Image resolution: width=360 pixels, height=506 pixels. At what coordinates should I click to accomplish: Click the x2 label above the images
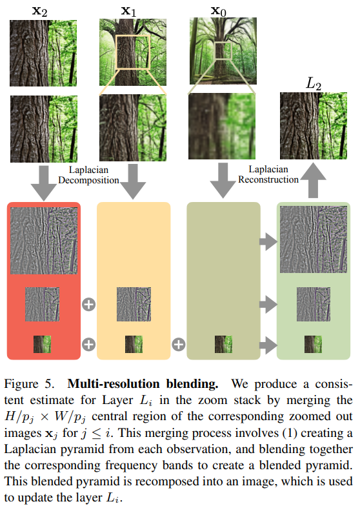pos(40,12)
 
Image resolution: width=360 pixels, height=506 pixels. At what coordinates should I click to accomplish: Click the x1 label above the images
pos(129,12)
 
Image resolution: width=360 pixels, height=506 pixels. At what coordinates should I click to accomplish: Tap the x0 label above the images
pos(218,12)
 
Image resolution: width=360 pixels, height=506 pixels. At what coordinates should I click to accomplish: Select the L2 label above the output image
pos(314,83)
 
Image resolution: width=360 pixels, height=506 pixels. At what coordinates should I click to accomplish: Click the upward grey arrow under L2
pos(313,180)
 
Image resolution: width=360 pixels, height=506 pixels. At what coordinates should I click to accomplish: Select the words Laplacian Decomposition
pos(89,175)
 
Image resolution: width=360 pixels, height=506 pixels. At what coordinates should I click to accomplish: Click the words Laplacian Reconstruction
pos(268,174)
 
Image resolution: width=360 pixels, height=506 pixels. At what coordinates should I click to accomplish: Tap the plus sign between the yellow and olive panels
pos(178,345)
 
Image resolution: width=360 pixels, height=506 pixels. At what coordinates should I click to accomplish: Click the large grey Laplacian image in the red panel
pos(44,240)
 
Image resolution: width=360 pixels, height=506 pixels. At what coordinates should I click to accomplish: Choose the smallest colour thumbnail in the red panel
pos(43,344)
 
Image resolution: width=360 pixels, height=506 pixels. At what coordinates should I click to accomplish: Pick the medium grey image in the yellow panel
pos(134,305)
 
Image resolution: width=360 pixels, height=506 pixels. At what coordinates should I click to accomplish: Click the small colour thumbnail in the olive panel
pos(223,344)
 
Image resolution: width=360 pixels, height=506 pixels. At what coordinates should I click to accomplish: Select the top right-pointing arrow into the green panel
pos(268,241)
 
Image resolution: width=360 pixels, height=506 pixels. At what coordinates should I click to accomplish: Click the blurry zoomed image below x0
pos(222,126)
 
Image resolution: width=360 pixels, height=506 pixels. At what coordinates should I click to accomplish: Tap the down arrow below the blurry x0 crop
pos(223,181)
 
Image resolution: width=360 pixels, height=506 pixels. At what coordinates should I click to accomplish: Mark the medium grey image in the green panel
pos(314,305)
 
